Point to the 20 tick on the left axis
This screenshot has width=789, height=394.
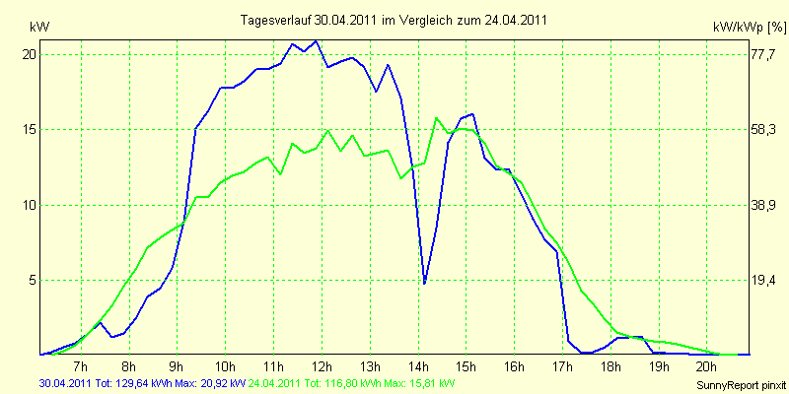click(30, 54)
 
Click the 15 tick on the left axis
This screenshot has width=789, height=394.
click(30, 129)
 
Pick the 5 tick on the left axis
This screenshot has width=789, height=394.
click(33, 280)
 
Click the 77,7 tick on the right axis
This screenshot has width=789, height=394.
click(764, 54)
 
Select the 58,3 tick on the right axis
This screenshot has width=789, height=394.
click(764, 129)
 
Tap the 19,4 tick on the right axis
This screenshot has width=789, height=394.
click(764, 280)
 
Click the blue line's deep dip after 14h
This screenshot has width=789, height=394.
click(424, 283)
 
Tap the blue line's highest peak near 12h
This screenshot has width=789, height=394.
click(316, 41)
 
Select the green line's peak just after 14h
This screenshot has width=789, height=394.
click(437, 118)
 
